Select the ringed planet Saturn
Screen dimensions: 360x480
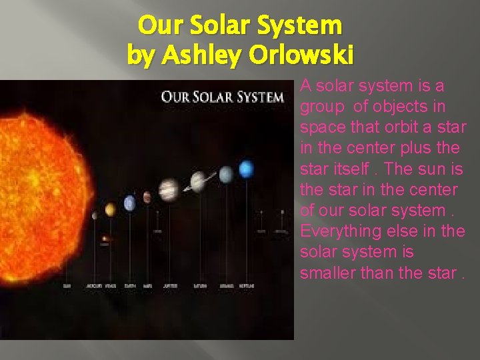[x=198, y=181]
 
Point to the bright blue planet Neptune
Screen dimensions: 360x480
[x=246, y=169]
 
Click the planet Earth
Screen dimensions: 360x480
[x=130, y=202]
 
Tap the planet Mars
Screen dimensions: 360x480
[x=147, y=198]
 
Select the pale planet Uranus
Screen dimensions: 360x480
[x=226, y=174]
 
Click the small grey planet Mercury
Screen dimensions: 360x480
[x=95, y=215]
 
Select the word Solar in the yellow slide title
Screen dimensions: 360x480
[x=219, y=25]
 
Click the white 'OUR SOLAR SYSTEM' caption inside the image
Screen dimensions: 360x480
[x=222, y=97]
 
